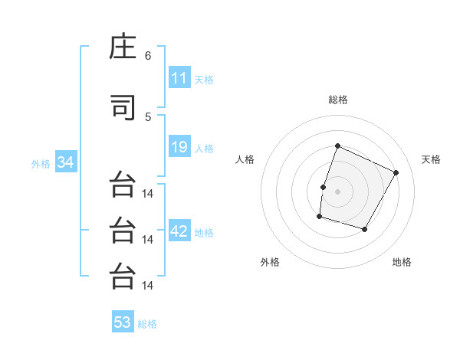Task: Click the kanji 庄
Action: [x=123, y=46]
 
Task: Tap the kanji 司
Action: [x=123, y=107]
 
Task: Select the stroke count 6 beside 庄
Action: [x=148, y=56]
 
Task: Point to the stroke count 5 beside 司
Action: [x=148, y=117]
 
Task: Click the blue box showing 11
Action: [x=179, y=77]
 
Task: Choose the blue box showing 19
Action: [x=179, y=146]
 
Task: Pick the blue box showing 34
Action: [x=66, y=162]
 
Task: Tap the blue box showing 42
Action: [x=179, y=230]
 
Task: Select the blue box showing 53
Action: [x=123, y=321]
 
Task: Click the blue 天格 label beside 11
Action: [x=204, y=80]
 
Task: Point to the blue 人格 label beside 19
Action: [x=204, y=149]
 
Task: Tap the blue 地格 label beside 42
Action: [x=204, y=233]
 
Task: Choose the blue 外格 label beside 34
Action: [x=41, y=164]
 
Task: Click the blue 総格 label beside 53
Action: [x=147, y=324]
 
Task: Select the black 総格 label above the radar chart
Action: [x=338, y=100]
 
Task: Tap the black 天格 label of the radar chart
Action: [x=431, y=159]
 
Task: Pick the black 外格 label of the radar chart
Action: [x=270, y=262]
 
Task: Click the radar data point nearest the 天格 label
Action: [x=396, y=172]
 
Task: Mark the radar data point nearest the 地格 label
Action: [x=364, y=229]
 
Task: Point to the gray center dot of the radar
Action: [x=337, y=191]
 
